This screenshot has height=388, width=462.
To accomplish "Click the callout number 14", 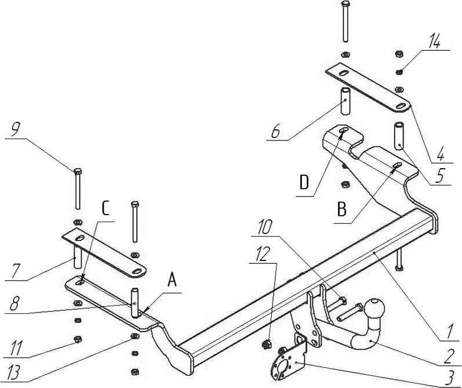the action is [x=435, y=41].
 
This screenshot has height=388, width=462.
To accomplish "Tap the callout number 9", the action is [x=16, y=129].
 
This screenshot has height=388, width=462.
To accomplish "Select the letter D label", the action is [x=304, y=183].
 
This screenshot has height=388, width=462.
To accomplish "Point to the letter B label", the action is [x=342, y=210].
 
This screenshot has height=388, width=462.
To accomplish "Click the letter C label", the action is [x=106, y=208].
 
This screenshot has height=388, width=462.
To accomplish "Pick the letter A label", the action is [x=172, y=280].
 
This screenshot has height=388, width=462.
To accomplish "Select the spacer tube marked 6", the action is [x=345, y=101].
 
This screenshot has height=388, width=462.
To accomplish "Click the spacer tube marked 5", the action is [x=399, y=136].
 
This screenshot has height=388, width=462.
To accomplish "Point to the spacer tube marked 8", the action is [x=135, y=303].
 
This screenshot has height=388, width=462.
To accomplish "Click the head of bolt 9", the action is [x=78, y=171].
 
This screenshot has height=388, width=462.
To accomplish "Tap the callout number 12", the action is [x=263, y=254].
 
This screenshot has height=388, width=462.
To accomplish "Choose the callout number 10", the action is [x=264, y=227].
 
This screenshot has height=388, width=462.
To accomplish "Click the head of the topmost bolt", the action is [x=345, y=4].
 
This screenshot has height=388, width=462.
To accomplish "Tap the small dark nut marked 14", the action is [x=399, y=72].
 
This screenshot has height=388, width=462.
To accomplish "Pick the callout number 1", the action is [x=449, y=331].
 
